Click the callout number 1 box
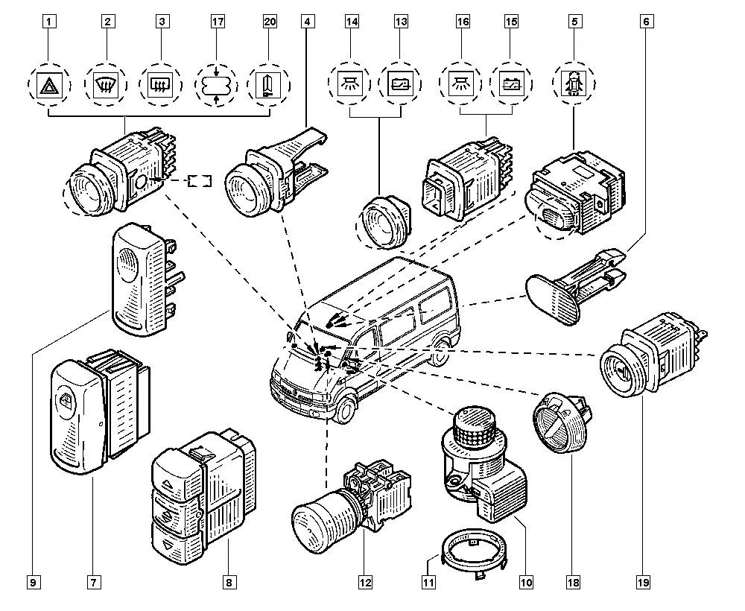click(x=49, y=22)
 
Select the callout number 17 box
click(x=217, y=22)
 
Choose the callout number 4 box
click(x=306, y=22)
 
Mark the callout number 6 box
click(x=647, y=22)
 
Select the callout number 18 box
click(x=571, y=581)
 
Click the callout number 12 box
click(x=365, y=581)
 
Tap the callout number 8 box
click(x=229, y=581)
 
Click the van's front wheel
click(x=344, y=410)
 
